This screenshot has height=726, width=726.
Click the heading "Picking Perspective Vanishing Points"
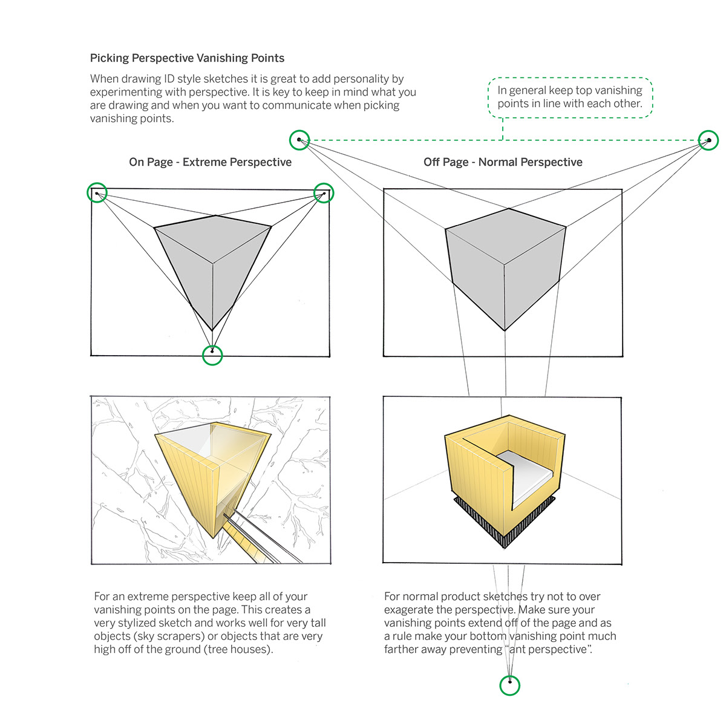pos(187,58)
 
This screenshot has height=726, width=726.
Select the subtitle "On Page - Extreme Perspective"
pos(210,162)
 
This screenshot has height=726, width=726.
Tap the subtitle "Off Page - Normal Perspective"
pos(503,162)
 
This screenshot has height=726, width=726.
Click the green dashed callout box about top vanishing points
pos(570,97)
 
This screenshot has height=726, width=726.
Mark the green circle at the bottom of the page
pos(510,685)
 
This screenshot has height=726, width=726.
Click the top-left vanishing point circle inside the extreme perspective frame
pos(97,193)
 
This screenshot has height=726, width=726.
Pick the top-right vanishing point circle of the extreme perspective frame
pos(324,193)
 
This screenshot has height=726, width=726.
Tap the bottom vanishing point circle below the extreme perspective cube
pos(212,355)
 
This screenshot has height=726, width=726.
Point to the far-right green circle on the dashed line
pos(708,140)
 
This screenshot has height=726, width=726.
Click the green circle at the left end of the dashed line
pos(299,140)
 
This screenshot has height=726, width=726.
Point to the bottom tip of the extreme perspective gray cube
pos(212,330)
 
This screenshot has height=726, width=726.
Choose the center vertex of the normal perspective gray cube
pos(504,264)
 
